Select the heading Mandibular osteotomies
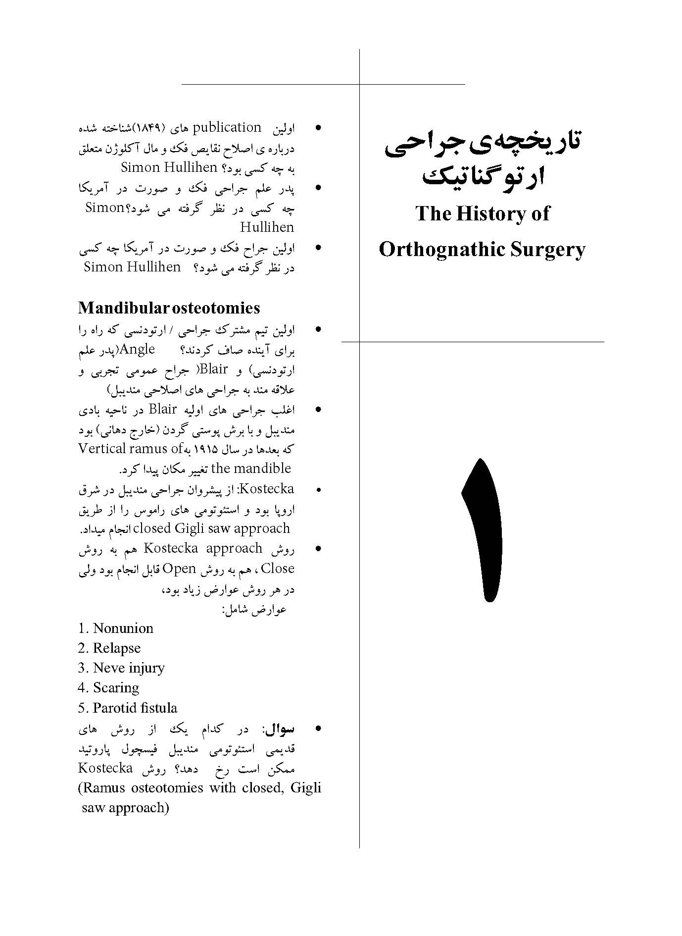pos(169,308)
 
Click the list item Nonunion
pos(123,628)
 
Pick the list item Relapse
pos(116,648)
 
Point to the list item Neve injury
pos(128,668)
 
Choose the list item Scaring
pos(116,688)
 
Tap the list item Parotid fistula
pos(135,708)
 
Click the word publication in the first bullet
pos(226,128)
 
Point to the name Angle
pos(138,349)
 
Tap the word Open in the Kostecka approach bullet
pos(179,569)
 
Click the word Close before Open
pos(277,569)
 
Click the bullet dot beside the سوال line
pos(319,728)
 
